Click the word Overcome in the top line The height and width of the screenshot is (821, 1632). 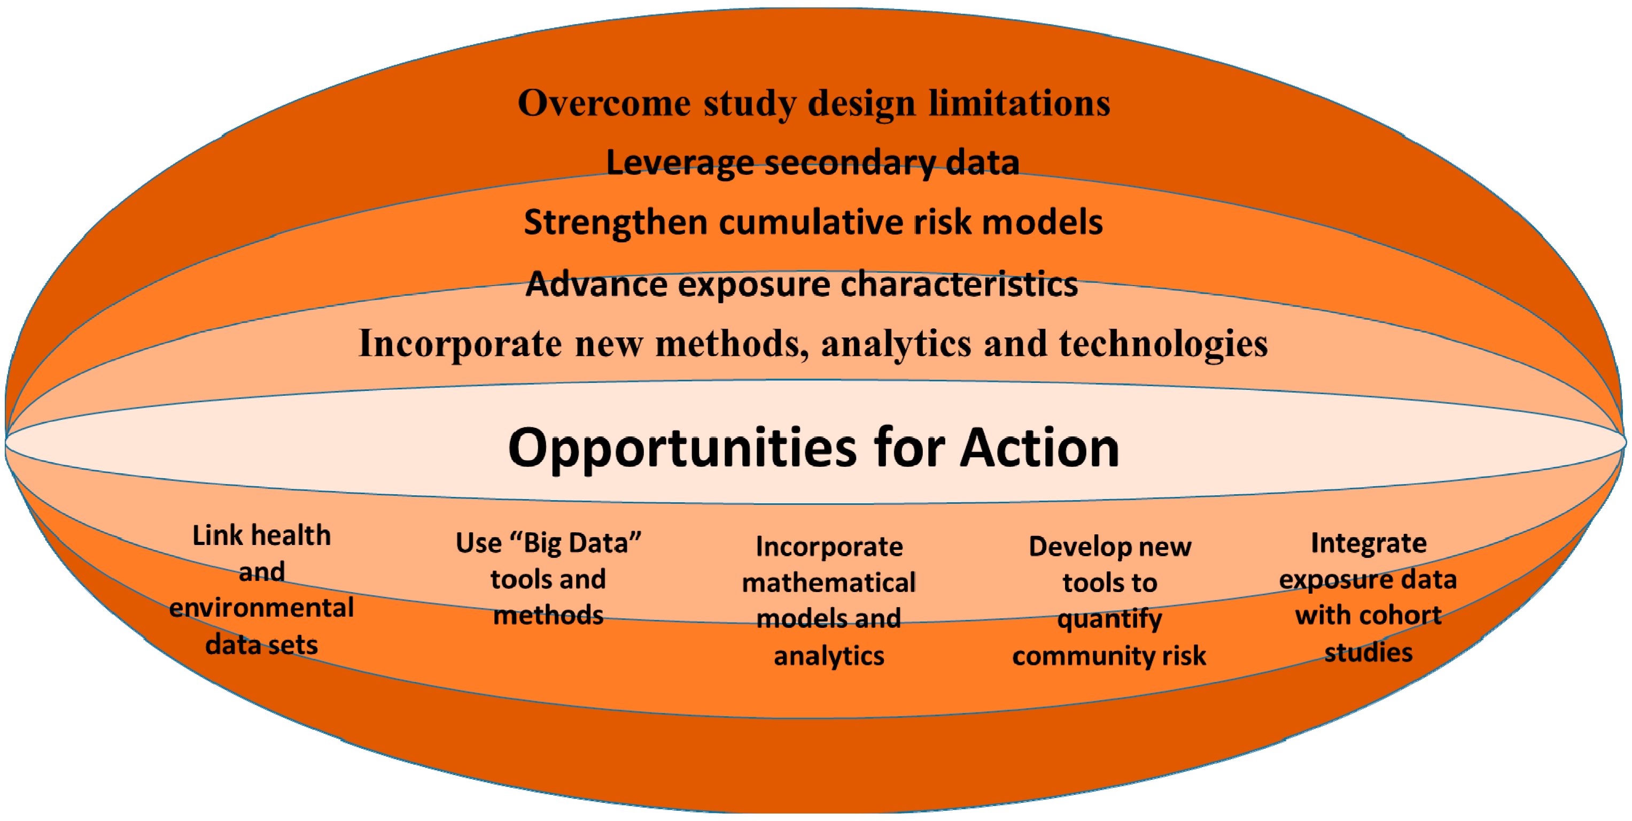(604, 103)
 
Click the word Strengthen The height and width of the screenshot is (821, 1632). (615, 223)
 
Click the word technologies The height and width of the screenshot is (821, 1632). (1164, 345)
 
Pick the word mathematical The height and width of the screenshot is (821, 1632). (829, 582)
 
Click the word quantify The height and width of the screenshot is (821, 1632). (1109, 619)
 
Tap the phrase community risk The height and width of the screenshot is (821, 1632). (1109, 656)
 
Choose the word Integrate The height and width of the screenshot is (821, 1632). (1369, 544)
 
